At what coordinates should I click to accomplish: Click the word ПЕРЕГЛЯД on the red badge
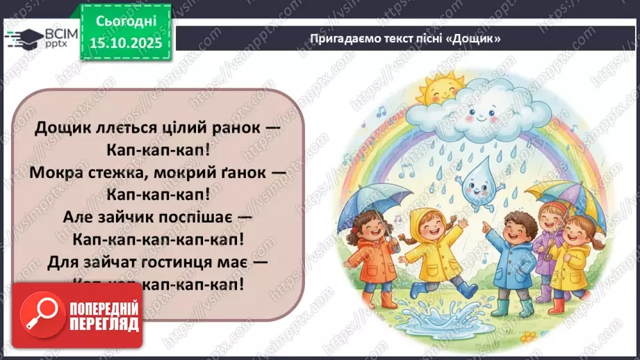[x=104, y=323]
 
